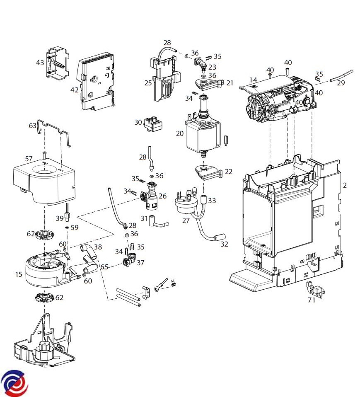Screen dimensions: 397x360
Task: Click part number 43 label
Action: pyautogui.click(x=40, y=63)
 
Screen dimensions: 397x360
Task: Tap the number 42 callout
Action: pyautogui.click(x=74, y=90)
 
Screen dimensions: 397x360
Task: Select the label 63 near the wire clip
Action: pyautogui.click(x=33, y=125)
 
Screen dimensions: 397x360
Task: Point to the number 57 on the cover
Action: pyautogui.click(x=29, y=159)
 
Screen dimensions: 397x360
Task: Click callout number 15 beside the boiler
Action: pyautogui.click(x=19, y=274)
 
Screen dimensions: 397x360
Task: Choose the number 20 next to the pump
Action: pyautogui.click(x=179, y=133)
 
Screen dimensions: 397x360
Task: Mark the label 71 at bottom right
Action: pyautogui.click(x=311, y=300)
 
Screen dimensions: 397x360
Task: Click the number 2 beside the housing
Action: pyautogui.click(x=345, y=185)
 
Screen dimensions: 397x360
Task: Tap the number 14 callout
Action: pyautogui.click(x=253, y=80)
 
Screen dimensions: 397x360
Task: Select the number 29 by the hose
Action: pyautogui.click(x=341, y=83)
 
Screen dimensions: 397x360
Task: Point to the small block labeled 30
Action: pyautogui.click(x=153, y=124)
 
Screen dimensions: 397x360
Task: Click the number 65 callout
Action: pyautogui.click(x=104, y=267)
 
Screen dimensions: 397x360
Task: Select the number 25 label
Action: pyautogui.click(x=148, y=83)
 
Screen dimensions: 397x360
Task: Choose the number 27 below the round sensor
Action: pyautogui.click(x=186, y=220)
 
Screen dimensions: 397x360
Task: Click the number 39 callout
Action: pyautogui.click(x=60, y=218)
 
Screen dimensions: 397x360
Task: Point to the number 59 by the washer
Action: pyautogui.click(x=74, y=228)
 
